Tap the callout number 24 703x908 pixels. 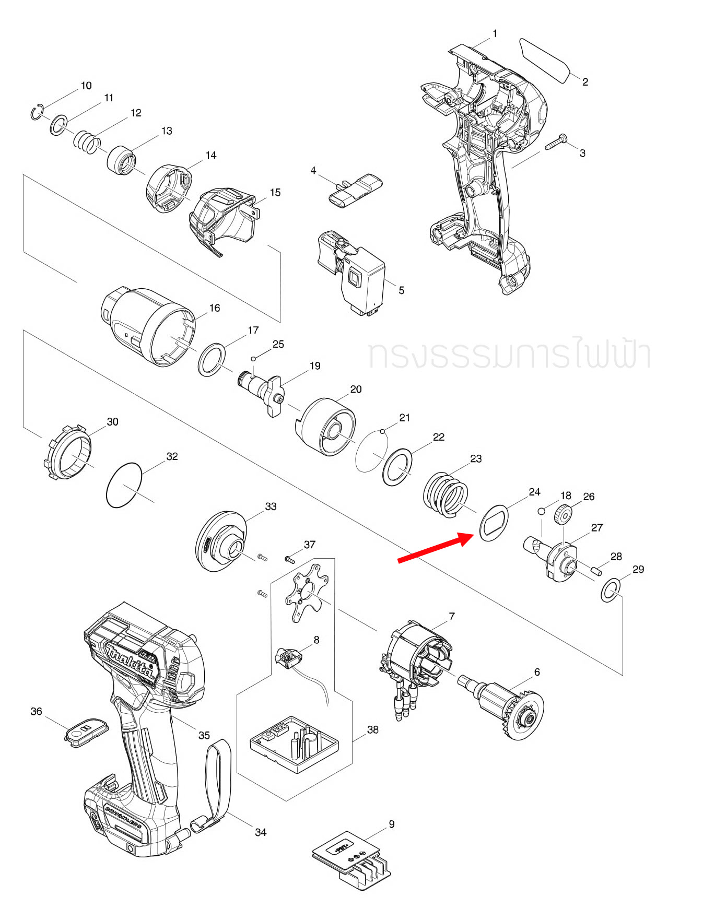[x=534, y=492]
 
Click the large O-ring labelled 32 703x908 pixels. [x=124, y=485]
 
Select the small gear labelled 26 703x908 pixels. [x=563, y=516]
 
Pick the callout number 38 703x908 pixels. [x=372, y=730]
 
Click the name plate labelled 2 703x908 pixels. [x=545, y=60]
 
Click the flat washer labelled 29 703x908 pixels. [x=610, y=590]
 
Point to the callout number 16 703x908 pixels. [x=215, y=308]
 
